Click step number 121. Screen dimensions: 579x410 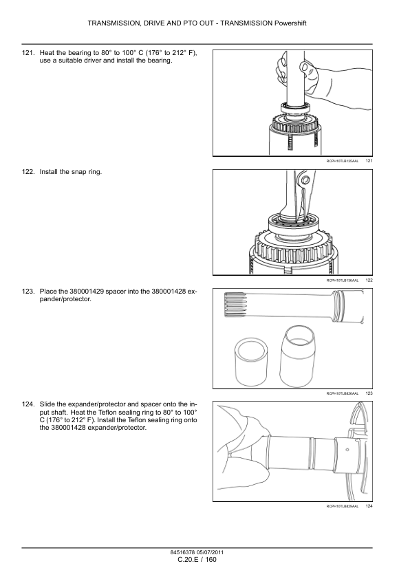click(x=28, y=52)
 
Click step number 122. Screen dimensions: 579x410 click(x=28, y=171)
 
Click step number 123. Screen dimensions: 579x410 click(x=28, y=292)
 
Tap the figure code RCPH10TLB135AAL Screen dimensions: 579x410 click(x=342, y=161)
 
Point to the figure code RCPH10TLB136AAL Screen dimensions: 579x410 click(x=342, y=281)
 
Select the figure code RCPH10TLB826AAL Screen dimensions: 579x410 click(x=342, y=393)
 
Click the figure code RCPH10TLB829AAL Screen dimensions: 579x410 click(x=342, y=507)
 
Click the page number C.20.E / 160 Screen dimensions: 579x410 click(x=197, y=560)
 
